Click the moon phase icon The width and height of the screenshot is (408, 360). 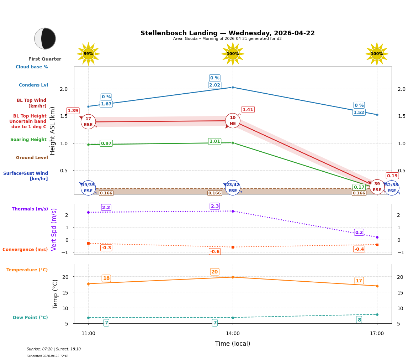pos(45,38)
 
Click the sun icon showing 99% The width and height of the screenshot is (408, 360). pos(88,54)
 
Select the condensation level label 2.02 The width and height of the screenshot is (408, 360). pos(214,85)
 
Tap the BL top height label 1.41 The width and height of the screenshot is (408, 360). pos(248,110)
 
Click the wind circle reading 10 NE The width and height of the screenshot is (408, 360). pos(233,121)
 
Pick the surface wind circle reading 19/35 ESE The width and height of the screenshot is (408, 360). pos(88,188)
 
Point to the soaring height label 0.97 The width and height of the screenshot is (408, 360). pos(106,144)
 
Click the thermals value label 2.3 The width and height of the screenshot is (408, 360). pos(214,206)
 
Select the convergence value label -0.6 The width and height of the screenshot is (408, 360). pos(214,252)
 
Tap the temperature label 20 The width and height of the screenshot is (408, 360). pos(214,272)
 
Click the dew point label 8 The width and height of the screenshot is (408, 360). pos(359,320)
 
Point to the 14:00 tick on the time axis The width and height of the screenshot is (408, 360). pos(233,334)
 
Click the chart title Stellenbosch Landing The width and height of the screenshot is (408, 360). pos(227,33)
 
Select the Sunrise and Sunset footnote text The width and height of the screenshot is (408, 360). pos(54,349)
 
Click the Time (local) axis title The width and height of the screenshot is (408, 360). pos(233,344)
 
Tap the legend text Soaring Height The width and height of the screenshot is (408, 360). pos(28,140)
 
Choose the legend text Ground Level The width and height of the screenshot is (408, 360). pos(32,158)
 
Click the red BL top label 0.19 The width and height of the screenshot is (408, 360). pos(392,176)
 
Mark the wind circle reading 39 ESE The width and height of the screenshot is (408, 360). pos(377,187)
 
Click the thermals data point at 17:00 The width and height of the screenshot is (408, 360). pos(377,237)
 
